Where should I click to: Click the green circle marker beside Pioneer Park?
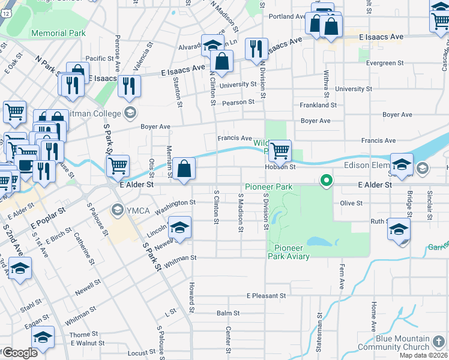tap(327, 180)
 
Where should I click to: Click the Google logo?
tap(20, 353)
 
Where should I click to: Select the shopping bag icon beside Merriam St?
tap(185, 169)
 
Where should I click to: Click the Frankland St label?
tap(318, 105)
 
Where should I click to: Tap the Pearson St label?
tap(239, 102)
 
